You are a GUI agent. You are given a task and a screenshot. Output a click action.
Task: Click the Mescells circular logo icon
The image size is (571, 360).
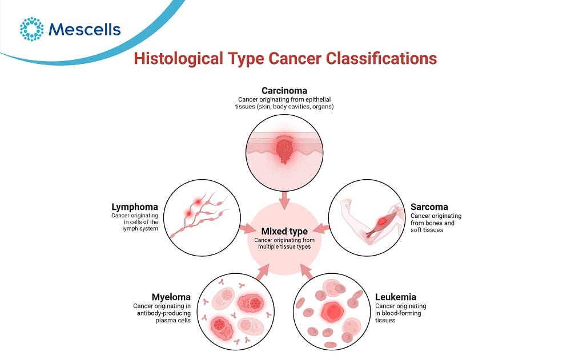[x=31, y=29]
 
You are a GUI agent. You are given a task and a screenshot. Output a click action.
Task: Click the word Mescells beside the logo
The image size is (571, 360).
[x=85, y=30]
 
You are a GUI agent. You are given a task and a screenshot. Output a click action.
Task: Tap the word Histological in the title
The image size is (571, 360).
[x=178, y=59]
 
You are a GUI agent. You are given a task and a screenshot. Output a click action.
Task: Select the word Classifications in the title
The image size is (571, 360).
[x=381, y=58]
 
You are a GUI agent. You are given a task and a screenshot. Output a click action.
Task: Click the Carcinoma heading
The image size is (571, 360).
[x=284, y=90]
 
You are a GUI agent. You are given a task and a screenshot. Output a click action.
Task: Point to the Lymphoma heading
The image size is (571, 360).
[x=135, y=207]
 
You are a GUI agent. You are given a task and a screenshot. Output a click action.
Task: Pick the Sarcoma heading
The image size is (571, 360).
[x=429, y=207]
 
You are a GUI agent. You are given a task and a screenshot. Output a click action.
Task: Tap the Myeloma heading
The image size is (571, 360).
[x=171, y=297]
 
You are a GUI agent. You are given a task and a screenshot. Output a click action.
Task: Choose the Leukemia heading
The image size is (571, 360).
[x=396, y=297]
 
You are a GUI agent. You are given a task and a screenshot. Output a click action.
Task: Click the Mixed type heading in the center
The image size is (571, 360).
[x=284, y=231]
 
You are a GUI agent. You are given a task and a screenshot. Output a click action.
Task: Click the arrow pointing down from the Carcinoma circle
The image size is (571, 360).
[x=284, y=200]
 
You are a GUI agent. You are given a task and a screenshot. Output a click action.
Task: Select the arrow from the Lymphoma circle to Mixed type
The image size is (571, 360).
[x=248, y=229]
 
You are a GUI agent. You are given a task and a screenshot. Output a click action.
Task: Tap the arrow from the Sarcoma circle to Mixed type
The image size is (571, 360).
[x=321, y=229]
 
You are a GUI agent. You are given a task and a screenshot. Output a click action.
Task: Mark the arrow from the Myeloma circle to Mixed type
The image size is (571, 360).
[x=262, y=272]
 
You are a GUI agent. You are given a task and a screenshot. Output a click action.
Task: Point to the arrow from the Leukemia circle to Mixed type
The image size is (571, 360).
[x=307, y=272]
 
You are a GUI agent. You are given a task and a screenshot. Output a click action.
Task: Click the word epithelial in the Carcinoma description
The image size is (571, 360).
[x=318, y=99]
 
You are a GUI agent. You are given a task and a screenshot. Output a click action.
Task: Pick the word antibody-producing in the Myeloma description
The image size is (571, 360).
[x=163, y=313]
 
